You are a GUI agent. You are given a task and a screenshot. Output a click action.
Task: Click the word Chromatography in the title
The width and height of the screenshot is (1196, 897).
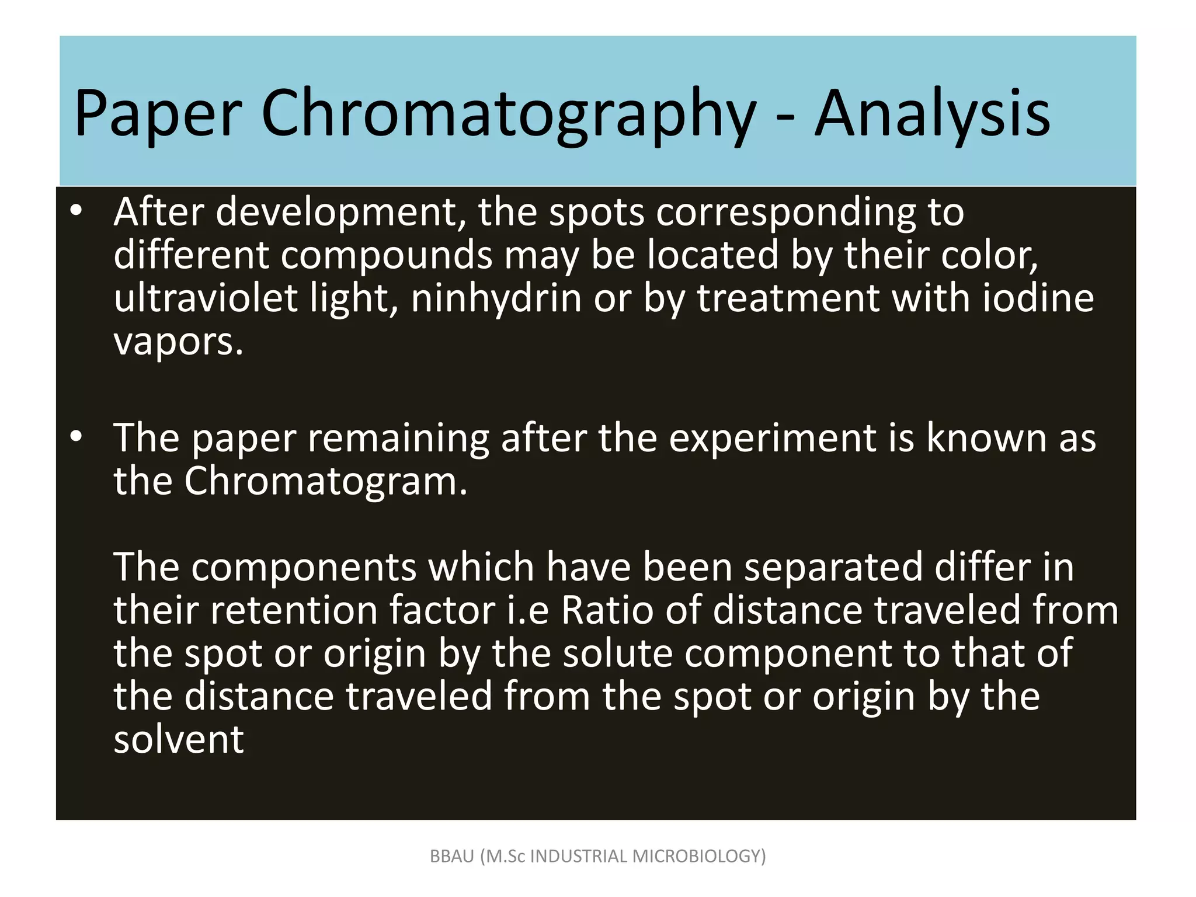[508, 114]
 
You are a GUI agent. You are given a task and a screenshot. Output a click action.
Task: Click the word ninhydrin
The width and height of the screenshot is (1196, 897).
[496, 298]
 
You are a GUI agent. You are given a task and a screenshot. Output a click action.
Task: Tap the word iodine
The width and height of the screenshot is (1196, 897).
[1038, 298]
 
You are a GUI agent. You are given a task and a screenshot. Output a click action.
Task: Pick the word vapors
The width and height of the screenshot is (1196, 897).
[178, 343]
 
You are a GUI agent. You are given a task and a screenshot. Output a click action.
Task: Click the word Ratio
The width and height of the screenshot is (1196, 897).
[607, 610]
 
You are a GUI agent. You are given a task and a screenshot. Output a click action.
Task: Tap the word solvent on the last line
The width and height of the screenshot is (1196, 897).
[179, 740]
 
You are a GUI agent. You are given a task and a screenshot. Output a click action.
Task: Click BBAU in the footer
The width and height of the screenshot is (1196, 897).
[452, 856]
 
